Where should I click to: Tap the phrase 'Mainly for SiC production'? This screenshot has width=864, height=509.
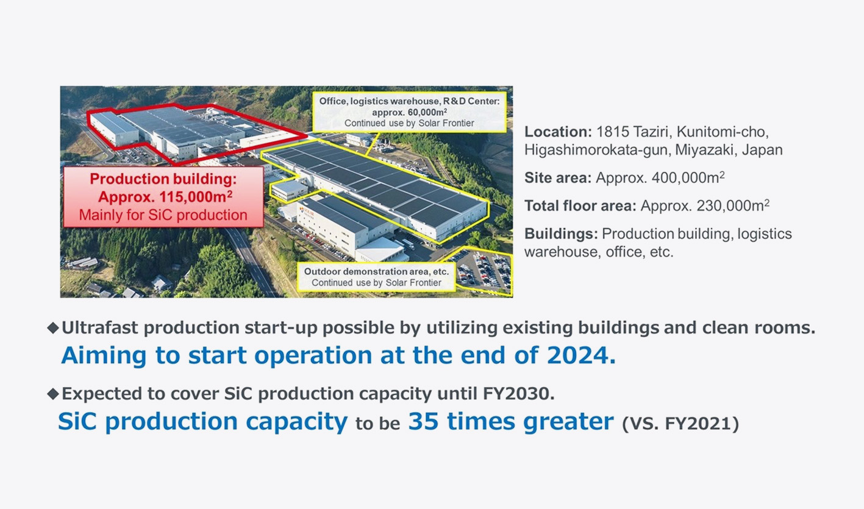click(x=163, y=215)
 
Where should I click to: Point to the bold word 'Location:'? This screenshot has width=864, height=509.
click(x=557, y=132)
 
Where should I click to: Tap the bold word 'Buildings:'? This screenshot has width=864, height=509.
click(x=561, y=234)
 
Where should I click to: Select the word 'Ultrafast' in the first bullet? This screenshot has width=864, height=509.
click(x=98, y=328)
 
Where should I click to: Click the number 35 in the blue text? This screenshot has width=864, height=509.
click(x=424, y=421)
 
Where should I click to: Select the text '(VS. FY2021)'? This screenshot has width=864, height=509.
click(x=680, y=424)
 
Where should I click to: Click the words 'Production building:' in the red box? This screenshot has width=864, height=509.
click(x=163, y=180)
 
